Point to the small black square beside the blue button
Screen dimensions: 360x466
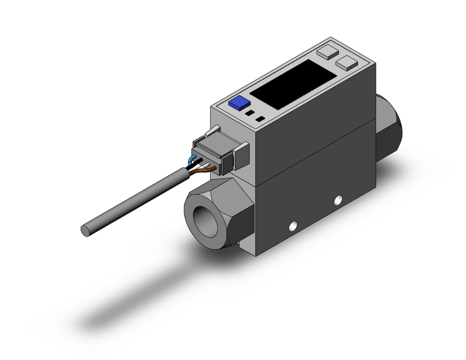(x=250, y=113)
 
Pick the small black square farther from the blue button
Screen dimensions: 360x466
(x=260, y=119)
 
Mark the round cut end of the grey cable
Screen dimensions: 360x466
(x=86, y=230)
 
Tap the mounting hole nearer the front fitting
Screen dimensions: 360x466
(x=293, y=227)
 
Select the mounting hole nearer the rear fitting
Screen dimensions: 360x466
(x=338, y=200)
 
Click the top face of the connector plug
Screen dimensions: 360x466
(x=219, y=138)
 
